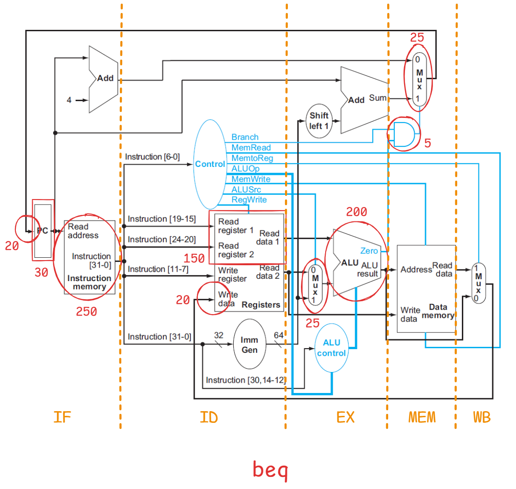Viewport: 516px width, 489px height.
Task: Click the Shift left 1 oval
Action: coord(319,121)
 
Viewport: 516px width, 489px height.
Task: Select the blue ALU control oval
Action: coord(331,348)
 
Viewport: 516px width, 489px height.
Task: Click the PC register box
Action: coord(43,230)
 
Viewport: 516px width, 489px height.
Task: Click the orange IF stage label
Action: coord(63,417)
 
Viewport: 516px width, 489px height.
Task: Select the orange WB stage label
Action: coord(482,417)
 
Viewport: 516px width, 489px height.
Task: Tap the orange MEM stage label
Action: coord(422,417)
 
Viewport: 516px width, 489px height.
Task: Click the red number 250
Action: coord(86,311)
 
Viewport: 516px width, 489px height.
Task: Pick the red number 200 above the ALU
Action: coord(356,213)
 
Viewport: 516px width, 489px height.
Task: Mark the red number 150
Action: coord(194,259)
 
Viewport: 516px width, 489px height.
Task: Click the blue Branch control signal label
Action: coord(245,137)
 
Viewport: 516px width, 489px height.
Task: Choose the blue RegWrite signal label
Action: coord(249,200)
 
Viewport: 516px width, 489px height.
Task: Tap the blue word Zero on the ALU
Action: coord(369,251)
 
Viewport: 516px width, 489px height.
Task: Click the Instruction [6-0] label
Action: coord(152,157)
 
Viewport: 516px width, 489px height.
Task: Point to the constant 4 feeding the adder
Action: coord(69,100)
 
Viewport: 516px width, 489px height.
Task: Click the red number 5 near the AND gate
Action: coord(427,143)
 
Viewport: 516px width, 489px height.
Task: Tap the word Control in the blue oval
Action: coord(209,164)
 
